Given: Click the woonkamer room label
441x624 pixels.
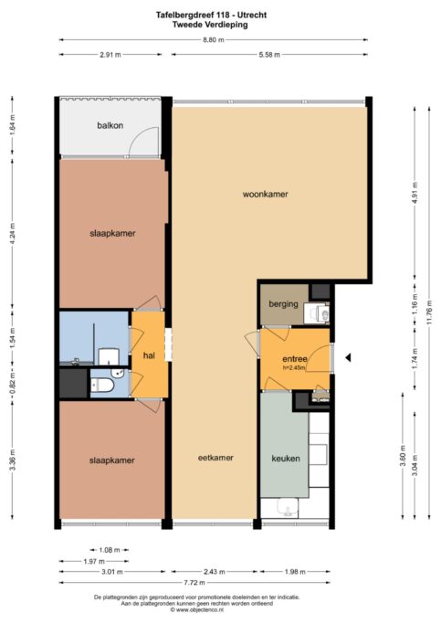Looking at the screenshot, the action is pyautogui.click(x=265, y=195).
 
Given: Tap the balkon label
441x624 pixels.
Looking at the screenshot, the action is pyautogui.click(x=110, y=125).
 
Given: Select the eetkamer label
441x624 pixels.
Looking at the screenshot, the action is pyautogui.click(x=215, y=458).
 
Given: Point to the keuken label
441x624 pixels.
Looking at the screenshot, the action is pyautogui.click(x=286, y=459).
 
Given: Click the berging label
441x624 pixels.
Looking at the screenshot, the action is pyautogui.click(x=283, y=304).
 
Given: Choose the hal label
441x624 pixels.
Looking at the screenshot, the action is pyautogui.click(x=149, y=355).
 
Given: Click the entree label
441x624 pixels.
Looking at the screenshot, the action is pyautogui.click(x=295, y=359).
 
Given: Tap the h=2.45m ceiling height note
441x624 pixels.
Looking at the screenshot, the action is pyautogui.click(x=294, y=367).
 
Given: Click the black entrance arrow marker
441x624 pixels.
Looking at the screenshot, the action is pyautogui.click(x=348, y=358).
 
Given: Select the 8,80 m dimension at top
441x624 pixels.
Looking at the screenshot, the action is pyautogui.click(x=214, y=40).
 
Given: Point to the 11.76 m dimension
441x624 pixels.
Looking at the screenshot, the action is pyautogui.click(x=428, y=312).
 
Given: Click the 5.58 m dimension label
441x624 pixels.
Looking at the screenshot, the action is pyautogui.click(x=269, y=55).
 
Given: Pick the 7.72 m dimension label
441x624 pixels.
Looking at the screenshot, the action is pyautogui.click(x=194, y=583).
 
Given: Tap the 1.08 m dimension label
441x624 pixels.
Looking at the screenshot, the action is pyautogui.click(x=110, y=550).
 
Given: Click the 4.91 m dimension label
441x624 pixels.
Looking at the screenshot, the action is pyautogui.click(x=415, y=193).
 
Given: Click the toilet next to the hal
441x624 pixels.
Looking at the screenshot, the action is pyautogui.click(x=102, y=386).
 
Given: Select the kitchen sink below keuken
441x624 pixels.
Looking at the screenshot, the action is pyautogui.click(x=288, y=507).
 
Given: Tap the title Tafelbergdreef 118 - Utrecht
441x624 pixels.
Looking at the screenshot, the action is pyautogui.click(x=211, y=16).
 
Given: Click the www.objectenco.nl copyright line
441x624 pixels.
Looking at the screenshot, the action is pyautogui.click(x=197, y=609).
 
